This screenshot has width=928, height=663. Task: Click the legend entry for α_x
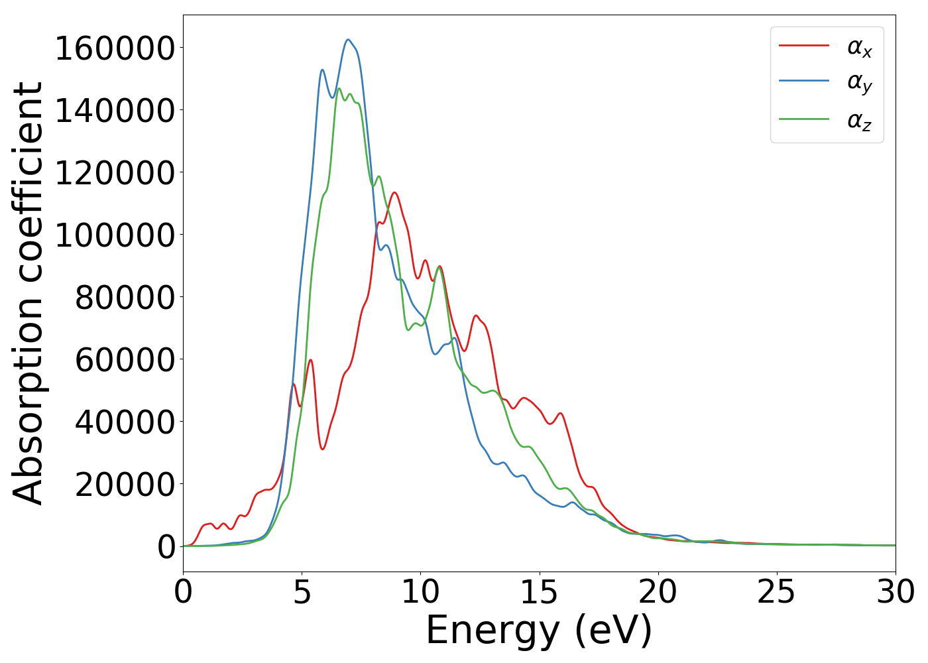(x=859, y=47)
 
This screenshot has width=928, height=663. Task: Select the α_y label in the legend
(x=859, y=84)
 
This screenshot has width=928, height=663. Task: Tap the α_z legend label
(x=859, y=121)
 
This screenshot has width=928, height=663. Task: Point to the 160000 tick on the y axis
(x=115, y=48)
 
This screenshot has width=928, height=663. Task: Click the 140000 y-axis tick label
(x=115, y=111)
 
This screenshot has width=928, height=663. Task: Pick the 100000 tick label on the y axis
(x=115, y=235)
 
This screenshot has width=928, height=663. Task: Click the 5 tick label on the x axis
(x=302, y=592)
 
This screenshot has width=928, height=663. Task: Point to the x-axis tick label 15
(x=539, y=592)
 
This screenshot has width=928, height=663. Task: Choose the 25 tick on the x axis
(x=776, y=592)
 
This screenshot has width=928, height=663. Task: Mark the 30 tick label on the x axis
(x=895, y=592)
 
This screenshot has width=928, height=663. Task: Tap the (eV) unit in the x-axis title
(x=613, y=631)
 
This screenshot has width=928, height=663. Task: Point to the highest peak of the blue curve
(x=348, y=40)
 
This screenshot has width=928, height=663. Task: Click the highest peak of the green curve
(x=339, y=88)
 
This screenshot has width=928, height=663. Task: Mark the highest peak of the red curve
(x=394, y=192)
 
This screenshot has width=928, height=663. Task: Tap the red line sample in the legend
(x=803, y=46)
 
